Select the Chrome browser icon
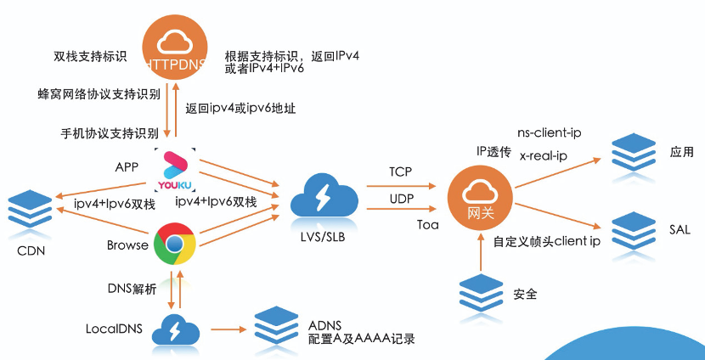click(x=175, y=245)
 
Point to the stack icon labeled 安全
click(x=480, y=294)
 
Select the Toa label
click(x=427, y=225)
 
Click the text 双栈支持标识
click(x=89, y=58)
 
